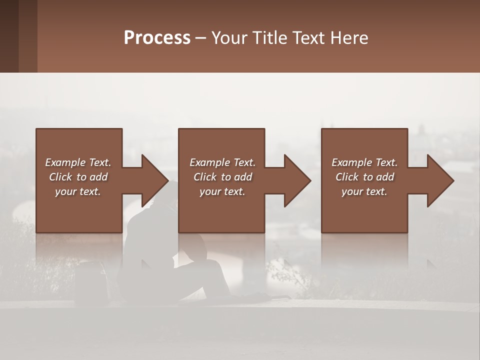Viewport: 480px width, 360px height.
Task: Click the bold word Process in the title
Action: point(157,38)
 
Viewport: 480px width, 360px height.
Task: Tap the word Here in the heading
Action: point(349,38)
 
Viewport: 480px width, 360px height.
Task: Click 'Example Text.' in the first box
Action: point(78,162)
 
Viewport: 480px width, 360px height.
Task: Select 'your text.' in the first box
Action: point(78,191)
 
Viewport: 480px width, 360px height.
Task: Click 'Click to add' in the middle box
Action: point(222,177)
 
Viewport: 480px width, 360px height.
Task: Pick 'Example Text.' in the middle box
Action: point(222,162)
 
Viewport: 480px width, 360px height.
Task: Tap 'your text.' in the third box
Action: point(364,191)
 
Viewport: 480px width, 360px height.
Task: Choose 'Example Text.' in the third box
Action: point(364,162)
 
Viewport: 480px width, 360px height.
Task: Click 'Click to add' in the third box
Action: point(364,177)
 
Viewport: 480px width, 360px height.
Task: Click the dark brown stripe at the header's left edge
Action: point(9,36)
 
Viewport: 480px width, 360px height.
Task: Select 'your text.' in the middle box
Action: point(222,191)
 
